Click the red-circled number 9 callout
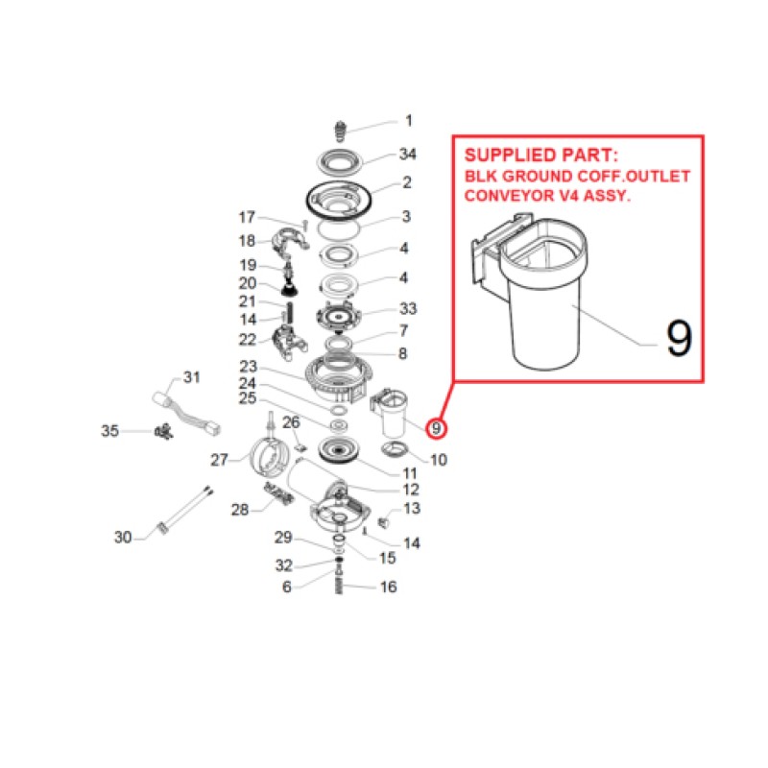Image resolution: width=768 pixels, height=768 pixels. (436, 428)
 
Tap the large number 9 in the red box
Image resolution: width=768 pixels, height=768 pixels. (679, 338)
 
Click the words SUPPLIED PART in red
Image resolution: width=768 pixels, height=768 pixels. (541, 156)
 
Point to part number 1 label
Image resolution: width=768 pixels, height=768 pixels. (409, 121)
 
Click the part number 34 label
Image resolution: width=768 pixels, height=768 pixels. (407, 154)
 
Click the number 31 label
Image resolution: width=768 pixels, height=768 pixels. (191, 377)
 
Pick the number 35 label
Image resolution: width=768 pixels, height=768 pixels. (109, 431)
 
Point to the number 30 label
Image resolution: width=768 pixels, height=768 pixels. (123, 538)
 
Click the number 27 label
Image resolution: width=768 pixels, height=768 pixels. (220, 460)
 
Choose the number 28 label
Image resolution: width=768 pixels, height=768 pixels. (240, 510)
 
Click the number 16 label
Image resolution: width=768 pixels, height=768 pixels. (389, 587)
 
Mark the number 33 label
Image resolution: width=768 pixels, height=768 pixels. (408, 308)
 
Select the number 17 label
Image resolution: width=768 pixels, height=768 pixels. (247, 217)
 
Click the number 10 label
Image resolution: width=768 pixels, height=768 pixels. (439, 460)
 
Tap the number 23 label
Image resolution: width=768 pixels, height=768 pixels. (249, 367)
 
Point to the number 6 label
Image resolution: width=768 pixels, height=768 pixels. (287, 587)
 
